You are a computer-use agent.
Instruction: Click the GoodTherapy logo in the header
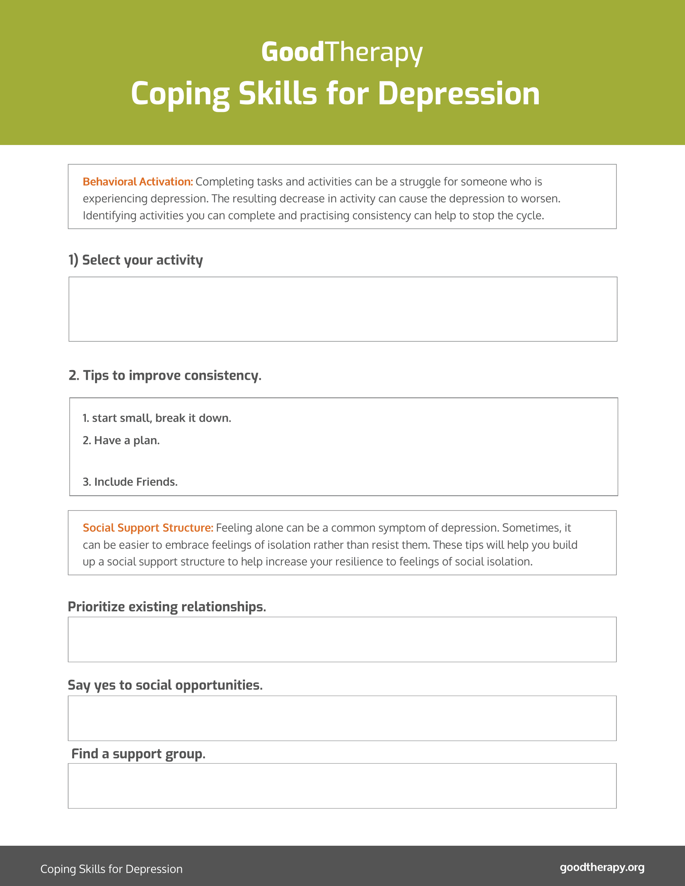[342, 52]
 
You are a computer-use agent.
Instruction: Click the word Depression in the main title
[459, 94]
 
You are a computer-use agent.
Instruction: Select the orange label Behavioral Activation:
[137, 182]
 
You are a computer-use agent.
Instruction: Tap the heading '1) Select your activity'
[135, 260]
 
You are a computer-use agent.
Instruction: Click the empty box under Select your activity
[342, 309]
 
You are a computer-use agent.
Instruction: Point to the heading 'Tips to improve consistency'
[165, 375]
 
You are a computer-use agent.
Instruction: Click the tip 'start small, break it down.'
[157, 418]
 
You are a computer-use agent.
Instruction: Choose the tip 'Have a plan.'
[121, 441]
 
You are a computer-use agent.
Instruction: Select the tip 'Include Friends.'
[130, 482]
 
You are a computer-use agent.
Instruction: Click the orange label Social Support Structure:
[148, 528]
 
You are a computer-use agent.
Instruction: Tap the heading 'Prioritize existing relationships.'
[167, 607]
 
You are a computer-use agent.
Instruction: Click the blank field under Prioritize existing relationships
[342, 640]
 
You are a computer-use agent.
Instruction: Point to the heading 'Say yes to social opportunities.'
[165, 685]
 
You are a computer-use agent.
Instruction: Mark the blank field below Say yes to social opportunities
[342, 718]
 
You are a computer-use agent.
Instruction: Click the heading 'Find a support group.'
[138, 754]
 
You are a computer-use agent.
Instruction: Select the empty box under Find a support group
[342, 786]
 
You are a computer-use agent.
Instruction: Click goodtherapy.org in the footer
[602, 867]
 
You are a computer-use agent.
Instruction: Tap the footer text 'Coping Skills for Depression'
[111, 869]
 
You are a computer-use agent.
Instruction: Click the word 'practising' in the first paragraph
[325, 216]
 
